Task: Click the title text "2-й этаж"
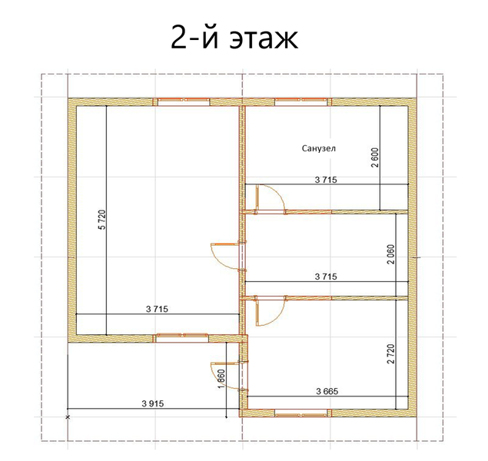tap(234, 38)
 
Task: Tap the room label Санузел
tap(319, 148)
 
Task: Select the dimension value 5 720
tap(102, 220)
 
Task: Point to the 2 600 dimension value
tap(376, 158)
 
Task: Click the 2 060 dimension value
tap(391, 254)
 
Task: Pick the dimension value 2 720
tap(391, 353)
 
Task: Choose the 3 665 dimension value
tap(327, 391)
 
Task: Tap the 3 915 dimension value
tap(153, 404)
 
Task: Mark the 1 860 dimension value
tap(221, 379)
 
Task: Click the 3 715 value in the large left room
tap(157, 309)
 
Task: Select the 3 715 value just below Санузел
tap(326, 180)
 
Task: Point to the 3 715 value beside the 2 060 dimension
tap(326, 277)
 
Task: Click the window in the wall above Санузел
tap(301, 101)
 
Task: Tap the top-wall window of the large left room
tap(184, 101)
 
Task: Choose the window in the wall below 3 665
tap(301, 413)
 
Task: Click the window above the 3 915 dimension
tap(182, 338)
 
